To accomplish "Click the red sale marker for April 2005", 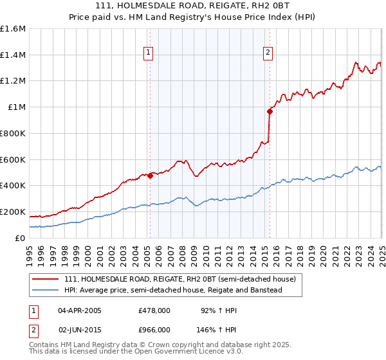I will (x=150, y=175).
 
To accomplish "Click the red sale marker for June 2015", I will (x=270, y=111).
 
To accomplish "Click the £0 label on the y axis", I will (x=19, y=238).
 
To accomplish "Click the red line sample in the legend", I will (x=46, y=279).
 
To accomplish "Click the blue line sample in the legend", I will (x=46, y=290).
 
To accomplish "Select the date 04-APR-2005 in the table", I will (x=80, y=310).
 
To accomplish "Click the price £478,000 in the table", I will (x=154, y=310).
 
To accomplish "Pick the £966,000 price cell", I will (x=154, y=328).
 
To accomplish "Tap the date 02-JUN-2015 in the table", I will (x=80, y=328).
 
